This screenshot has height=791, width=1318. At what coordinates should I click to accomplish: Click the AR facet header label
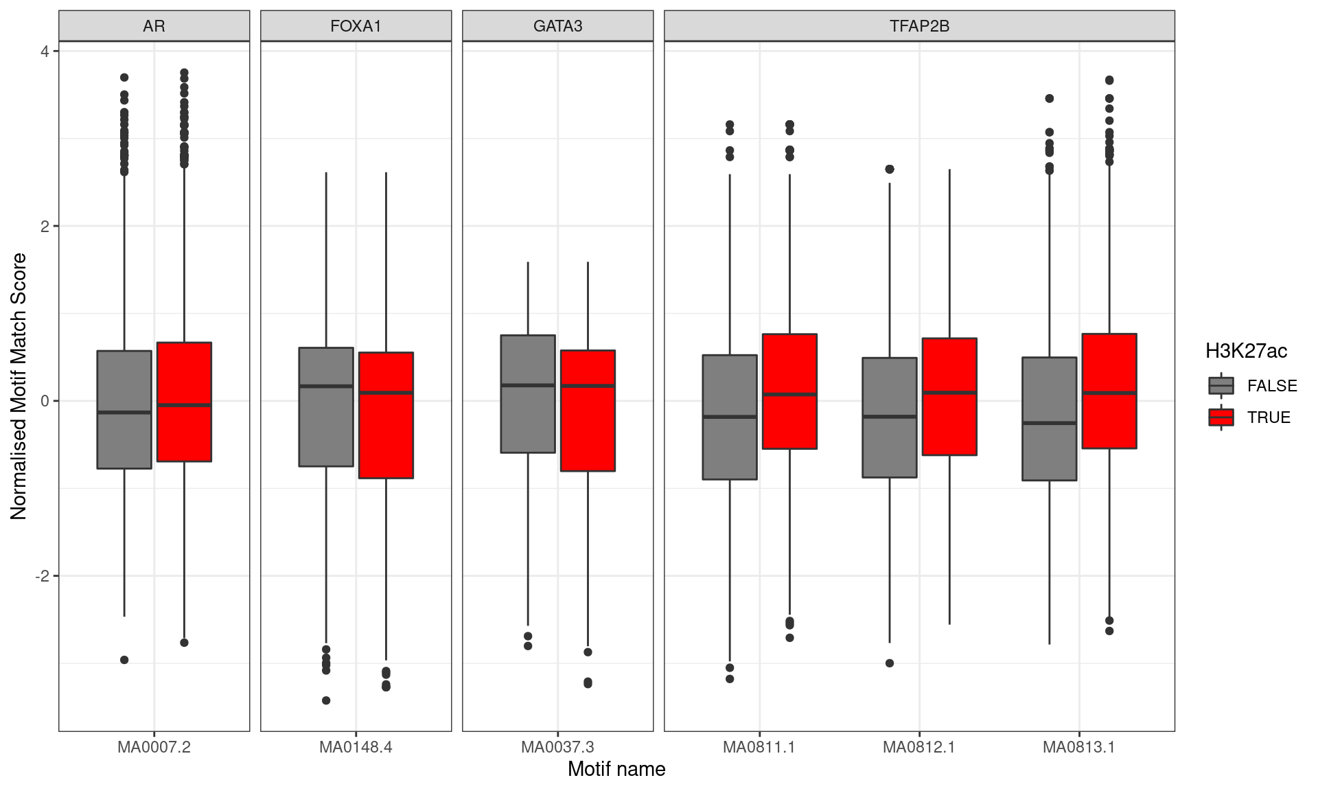[154, 26]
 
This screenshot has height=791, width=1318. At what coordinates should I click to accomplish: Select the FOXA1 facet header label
[356, 26]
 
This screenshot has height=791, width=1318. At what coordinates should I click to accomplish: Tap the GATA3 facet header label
[557, 26]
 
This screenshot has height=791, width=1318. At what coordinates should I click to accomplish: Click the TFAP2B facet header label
[919, 26]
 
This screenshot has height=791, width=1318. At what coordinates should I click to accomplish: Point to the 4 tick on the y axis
[45, 51]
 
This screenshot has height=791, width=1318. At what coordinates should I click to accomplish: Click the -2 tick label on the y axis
[43, 575]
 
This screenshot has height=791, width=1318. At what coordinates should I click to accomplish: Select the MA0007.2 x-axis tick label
[154, 747]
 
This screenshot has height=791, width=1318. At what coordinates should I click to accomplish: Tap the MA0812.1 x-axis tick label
[919, 747]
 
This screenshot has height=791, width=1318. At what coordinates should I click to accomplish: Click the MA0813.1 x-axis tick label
[1079, 747]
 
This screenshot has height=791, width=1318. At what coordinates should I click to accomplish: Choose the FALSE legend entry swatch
[1221, 386]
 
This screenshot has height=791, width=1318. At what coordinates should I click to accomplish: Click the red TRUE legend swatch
[1221, 417]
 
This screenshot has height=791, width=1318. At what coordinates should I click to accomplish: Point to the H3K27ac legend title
[1246, 352]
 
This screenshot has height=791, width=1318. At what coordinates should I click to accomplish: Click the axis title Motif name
[616, 769]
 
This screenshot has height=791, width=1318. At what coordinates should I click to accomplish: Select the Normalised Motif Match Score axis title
[19, 387]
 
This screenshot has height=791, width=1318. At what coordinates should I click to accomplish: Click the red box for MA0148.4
[386, 415]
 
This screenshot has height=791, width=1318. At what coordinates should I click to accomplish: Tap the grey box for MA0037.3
[528, 394]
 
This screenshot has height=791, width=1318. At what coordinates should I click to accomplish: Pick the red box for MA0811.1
[789, 391]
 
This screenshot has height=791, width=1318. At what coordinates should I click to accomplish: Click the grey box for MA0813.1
[1050, 419]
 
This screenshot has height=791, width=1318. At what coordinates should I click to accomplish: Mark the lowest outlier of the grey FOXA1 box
[326, 700]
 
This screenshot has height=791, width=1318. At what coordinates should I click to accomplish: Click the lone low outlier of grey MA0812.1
[890, 663]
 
